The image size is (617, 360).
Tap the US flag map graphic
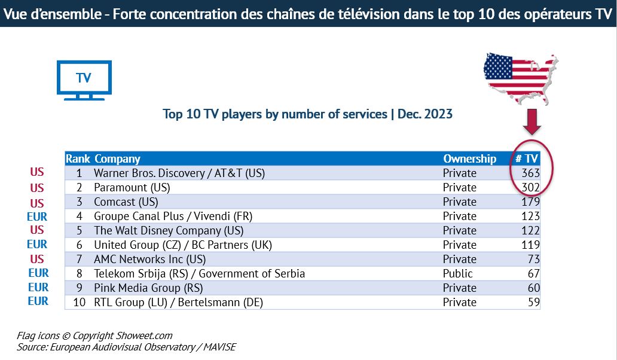(x=520, y=75)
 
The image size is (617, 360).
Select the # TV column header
(x=527, y=158)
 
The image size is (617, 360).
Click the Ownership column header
(x=469, y=158)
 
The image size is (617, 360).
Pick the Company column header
(x=117, y=158)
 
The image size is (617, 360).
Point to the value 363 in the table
(x=530, y=173)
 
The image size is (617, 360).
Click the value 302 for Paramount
(x=530, y=187)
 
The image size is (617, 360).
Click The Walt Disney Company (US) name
(x=169, y=230)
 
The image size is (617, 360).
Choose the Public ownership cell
(x=458, y=273)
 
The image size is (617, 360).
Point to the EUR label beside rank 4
(x=37, y=216)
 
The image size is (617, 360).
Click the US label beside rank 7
(x=37, y=259)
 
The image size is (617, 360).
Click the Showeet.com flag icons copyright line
(x=94, y=335)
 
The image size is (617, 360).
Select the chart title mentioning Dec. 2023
(x=307, y=114)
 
